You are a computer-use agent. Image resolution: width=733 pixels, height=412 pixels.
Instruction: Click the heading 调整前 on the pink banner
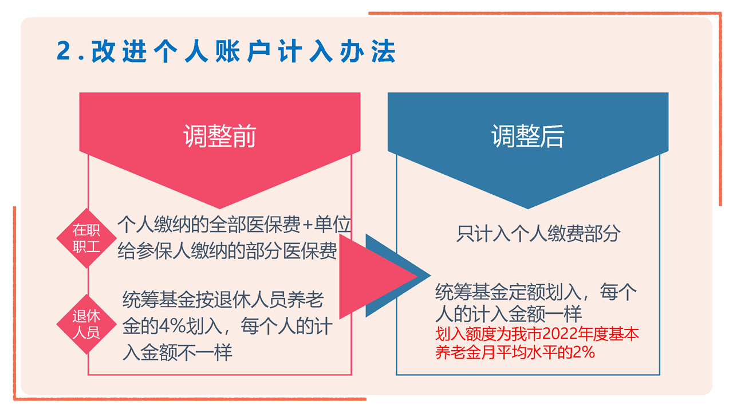(x=219, y=136)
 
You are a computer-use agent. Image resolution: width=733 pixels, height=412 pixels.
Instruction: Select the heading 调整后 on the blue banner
(x=528, y=136)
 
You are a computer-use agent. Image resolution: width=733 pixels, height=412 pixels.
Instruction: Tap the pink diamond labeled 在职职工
(x=86, y=238)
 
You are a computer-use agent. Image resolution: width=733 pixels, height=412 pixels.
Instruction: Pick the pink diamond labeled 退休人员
(x=86, y=324)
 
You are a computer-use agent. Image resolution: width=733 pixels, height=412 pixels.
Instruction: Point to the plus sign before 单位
(x=308, y=225)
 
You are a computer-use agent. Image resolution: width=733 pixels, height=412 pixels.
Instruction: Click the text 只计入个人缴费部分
(x=538, y=234)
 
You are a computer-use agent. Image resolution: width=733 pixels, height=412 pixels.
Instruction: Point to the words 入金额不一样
(x=177, y=352)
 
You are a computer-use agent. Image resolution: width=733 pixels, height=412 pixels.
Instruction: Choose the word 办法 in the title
(x=368, y=51)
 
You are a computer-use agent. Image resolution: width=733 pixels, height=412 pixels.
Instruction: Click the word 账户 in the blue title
(x=243, y=51)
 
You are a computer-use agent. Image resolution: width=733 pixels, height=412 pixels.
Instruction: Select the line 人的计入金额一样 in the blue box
(x=508, y=314)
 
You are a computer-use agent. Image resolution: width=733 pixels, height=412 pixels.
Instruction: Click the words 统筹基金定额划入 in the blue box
(x=508, y=292)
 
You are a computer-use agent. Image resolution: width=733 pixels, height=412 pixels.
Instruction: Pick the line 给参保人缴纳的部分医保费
(x=227, y=252)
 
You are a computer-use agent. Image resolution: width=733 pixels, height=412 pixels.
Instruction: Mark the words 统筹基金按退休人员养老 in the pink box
(x=223, y=299)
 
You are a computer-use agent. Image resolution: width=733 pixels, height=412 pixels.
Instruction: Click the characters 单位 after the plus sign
(x=332, y=225)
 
